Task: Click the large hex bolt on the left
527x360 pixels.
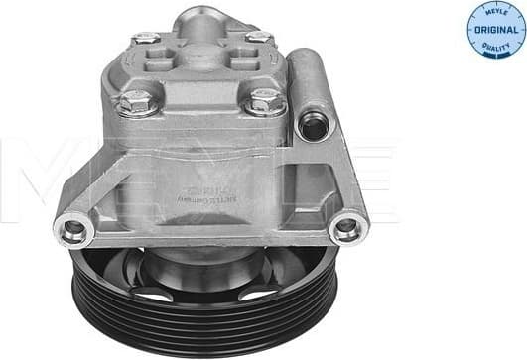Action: pyautogui.click(x=133, y=101)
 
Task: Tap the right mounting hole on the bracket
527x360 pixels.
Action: pyautogui.click(x=346, y=229)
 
